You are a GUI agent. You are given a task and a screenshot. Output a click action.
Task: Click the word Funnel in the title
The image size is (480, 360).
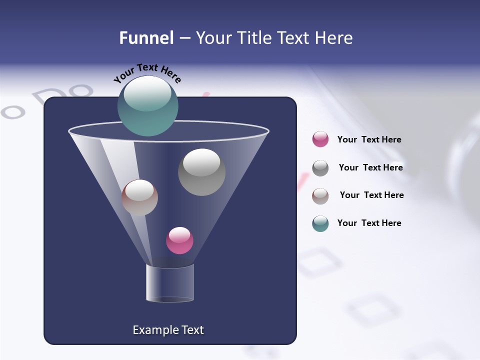146,38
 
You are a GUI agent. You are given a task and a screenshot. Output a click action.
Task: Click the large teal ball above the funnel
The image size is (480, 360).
147,105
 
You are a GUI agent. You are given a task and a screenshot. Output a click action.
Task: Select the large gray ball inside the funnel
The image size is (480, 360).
201,172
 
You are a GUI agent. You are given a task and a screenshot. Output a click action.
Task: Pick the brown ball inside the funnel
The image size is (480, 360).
139,197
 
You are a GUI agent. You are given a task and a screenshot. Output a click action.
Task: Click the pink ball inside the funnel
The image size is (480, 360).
179,240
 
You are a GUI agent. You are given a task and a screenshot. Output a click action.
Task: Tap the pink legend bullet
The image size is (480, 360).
320,139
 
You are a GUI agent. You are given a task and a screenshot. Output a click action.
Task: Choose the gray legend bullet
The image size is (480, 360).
320,168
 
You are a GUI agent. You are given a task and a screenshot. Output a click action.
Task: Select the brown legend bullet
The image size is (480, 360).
320,195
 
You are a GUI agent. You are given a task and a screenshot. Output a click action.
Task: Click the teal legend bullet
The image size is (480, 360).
320,223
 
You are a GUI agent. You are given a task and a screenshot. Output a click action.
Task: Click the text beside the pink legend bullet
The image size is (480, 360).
369,139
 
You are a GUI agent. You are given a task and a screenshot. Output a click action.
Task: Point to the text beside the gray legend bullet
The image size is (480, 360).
370,167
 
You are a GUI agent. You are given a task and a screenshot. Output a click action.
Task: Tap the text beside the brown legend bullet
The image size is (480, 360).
371,195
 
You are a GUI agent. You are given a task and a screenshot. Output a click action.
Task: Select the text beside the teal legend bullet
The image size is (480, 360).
369,223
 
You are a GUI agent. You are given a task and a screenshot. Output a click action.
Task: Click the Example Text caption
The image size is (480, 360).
168,330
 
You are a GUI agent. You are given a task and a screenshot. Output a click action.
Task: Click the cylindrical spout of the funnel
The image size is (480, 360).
170,283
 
